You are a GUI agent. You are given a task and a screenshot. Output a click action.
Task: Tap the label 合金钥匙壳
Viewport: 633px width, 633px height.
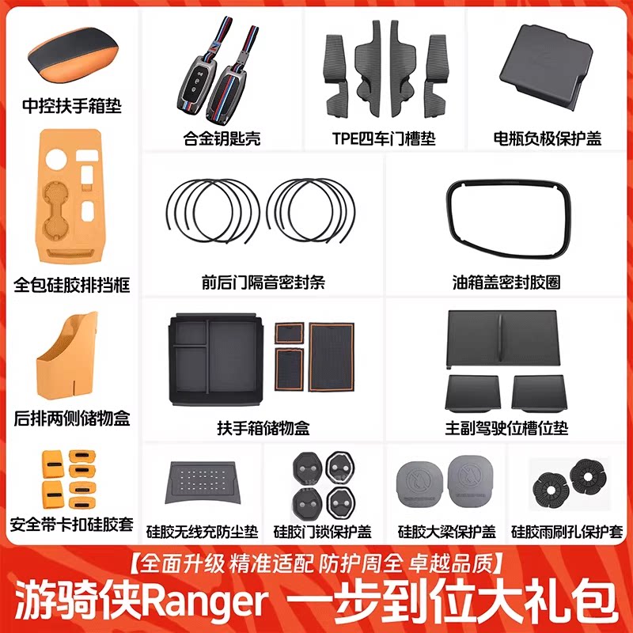(x=222, y=138)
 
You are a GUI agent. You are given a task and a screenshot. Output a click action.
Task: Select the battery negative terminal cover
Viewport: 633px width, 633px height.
(x=547, y=66)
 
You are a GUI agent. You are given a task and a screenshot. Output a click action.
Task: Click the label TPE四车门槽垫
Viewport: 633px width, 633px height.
(x=384, y=138)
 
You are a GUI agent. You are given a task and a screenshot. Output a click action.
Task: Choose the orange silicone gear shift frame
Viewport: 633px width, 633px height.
(x=70, y=196)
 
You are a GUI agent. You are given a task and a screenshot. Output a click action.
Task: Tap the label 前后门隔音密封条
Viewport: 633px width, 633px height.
(x=263, y=282)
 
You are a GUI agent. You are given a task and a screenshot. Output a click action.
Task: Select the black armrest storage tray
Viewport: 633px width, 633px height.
(x=216, y=360)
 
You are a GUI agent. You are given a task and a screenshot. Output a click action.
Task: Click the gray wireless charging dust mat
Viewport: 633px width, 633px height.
(x=203, y=483)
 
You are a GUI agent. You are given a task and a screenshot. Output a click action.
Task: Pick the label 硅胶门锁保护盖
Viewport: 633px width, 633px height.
(x=323, y=532)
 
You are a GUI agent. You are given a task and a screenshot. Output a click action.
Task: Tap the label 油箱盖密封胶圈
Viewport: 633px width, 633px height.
(x=506, y=282)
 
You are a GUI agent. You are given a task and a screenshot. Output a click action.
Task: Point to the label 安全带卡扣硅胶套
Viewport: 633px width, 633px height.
(x=71, y=525)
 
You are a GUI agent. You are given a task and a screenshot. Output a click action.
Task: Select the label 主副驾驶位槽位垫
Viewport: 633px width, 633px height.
(x=506, y=428)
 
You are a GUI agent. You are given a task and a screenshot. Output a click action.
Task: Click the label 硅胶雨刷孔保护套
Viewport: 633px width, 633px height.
(x=567, y=532)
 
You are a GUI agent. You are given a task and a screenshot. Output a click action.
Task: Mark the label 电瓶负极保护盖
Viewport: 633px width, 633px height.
(x=548, y=138)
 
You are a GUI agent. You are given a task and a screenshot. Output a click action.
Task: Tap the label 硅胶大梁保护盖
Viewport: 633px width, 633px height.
(x=447, y=532)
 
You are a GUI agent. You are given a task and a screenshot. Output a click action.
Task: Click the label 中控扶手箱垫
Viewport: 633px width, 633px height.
(x=72, y=106)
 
